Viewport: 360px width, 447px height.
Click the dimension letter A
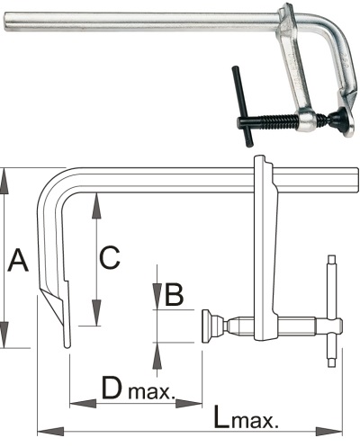coord(19,260)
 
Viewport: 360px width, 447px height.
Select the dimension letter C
coord(110,257)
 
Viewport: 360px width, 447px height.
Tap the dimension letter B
coord(174,294)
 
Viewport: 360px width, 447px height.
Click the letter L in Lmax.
coord(222,416)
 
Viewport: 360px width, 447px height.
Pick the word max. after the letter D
coord(151,392)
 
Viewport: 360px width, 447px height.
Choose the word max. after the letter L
coord(256,420)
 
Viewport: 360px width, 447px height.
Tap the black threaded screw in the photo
coord(270,121)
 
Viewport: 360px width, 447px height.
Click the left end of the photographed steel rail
coord(5,22)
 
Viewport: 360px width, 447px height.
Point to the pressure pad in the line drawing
coord(207,326)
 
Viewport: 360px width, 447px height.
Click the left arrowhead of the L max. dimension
coord(50,432)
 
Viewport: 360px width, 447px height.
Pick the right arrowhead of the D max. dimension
coord(189,404)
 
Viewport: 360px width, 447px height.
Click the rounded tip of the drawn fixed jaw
coord(67,345)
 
